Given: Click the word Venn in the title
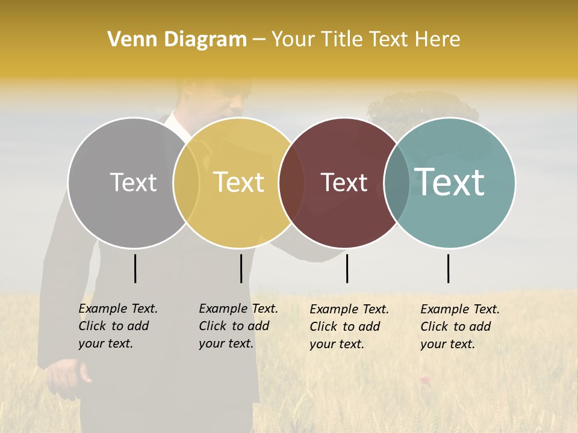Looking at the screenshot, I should pos(126,40).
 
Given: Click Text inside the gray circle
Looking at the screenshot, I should pos(133,182).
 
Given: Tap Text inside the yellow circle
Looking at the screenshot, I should pos(239,182).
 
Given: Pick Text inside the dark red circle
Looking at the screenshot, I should pos(344,182).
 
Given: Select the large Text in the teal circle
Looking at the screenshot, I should pos(450,182).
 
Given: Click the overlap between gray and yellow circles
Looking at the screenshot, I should pos(186,183).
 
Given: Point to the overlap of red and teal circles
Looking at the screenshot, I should pos(397,183).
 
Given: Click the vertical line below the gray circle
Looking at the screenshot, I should pos(135,268).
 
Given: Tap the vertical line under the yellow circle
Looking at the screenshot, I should pos(241,268).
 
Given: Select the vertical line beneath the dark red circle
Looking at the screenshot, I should pos(347,268).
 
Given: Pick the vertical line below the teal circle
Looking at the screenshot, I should pos(449,268).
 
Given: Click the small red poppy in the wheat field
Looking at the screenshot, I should pos(424,379).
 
